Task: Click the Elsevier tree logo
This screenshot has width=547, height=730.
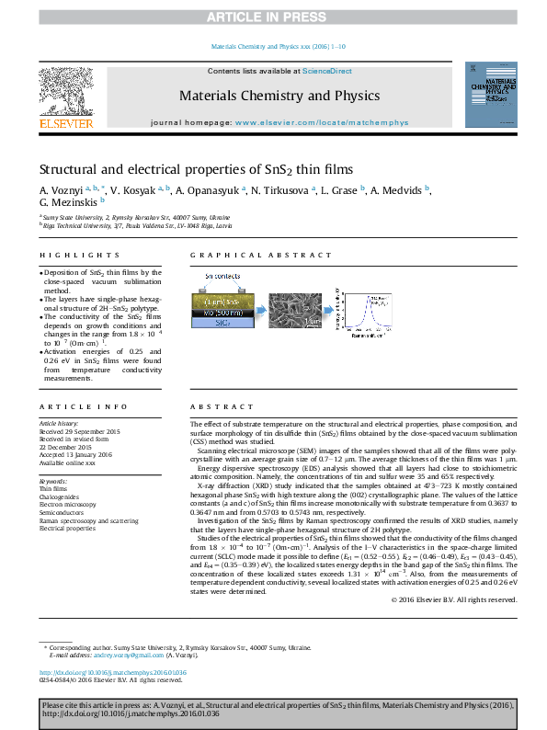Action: [65, 91]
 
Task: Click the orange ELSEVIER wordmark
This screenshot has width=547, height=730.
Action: [65, 122]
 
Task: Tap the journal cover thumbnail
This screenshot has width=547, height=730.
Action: [489, 95]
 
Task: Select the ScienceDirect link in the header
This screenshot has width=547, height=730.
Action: [327, 71]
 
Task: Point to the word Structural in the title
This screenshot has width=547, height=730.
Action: [70, 170]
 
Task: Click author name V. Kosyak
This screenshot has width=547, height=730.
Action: [134, 189]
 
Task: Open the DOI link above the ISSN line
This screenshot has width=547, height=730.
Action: [115, 672]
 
